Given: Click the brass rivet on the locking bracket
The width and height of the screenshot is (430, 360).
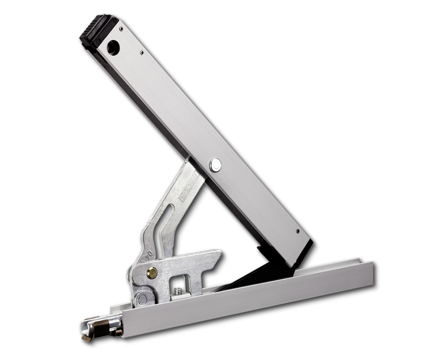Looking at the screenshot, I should tap(152, 273).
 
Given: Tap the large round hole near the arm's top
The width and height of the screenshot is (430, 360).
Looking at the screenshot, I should tap(113, 47).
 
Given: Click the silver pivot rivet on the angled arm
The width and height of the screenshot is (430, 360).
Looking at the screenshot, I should tap(215, 165).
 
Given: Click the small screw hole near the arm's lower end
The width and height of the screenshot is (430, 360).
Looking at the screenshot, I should tap(298, 231).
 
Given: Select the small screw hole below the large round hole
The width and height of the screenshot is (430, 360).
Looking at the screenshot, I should tap(142, 52).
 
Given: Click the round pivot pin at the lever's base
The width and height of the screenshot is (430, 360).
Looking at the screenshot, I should tap(142, 298).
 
